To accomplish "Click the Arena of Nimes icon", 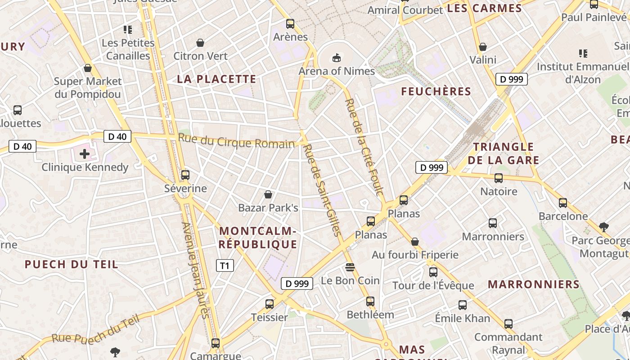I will pos(336,58).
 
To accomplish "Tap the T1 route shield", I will pos(225,265).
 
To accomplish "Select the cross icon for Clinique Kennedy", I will pos(84,154).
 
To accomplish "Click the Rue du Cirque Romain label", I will pos(236,140).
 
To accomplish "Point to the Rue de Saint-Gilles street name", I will pos(323,190).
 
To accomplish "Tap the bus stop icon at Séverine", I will pos(185,175).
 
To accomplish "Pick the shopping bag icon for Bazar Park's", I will pos(268,194).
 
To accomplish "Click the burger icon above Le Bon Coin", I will pos(350,267).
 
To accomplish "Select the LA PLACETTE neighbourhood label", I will pos(216,79).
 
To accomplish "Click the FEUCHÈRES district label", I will pos(436,92).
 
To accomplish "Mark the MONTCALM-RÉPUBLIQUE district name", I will pos(258,238).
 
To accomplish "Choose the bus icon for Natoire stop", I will pos(499,178).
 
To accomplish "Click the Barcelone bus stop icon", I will pos(563,203).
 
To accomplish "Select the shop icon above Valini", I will pos(483,47).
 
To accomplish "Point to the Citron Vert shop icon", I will pos(200,43).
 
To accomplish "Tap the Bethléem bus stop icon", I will pos(370,301).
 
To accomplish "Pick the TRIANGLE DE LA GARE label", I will pos(504,153).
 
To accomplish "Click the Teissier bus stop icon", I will pos(270,304).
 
